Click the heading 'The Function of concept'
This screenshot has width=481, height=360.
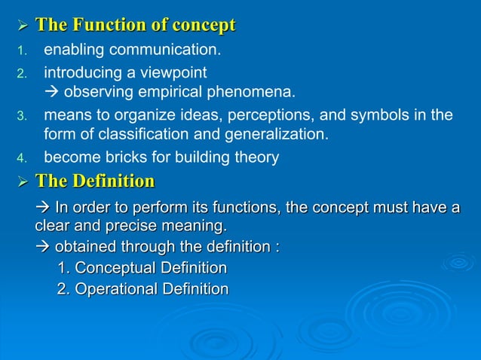click(136, 26)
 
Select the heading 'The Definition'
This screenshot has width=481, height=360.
click(95, 181)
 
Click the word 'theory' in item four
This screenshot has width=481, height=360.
click(256, 158)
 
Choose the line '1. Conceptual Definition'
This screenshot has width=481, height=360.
click(142, 268)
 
